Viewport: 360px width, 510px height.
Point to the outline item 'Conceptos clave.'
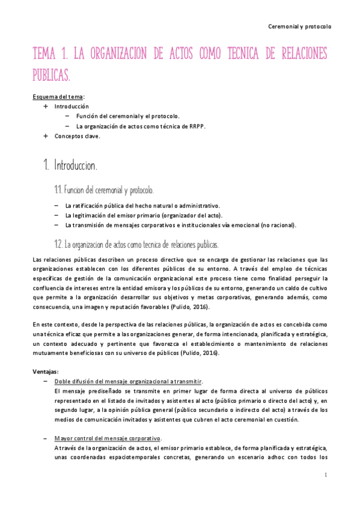[78, 136]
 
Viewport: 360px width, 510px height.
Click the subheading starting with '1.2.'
[136, 245]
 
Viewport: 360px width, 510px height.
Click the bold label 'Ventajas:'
[45, 371]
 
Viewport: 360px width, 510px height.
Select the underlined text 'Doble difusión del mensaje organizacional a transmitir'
[128, 381]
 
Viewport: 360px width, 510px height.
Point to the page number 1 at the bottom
[325, 475]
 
